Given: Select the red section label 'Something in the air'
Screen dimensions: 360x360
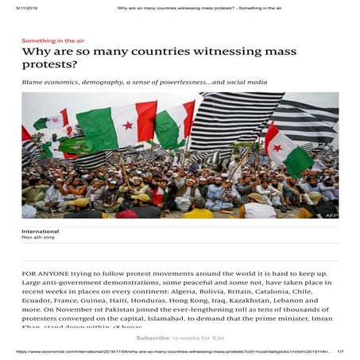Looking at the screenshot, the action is click(52, 41).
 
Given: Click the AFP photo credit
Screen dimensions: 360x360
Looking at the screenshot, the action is click(331, 215).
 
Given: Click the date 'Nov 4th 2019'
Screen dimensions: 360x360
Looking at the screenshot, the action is click(38, 238).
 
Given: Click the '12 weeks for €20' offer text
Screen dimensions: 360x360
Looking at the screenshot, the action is click(191, 338).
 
